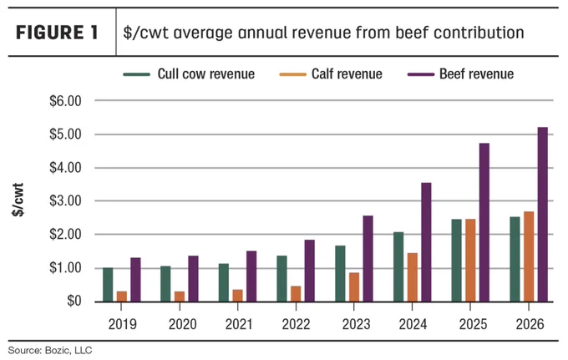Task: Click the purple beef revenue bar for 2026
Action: coord(543,215)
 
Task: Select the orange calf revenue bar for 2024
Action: coord(413,277)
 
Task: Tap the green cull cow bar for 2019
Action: coord(108,285)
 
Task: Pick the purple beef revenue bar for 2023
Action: coord(368,259)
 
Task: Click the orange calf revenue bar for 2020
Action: coord(180,297)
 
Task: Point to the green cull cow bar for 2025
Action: coord(456,261)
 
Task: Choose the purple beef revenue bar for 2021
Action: coord(251,276)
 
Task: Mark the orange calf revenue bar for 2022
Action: coord(296,294)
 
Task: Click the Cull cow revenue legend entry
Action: coord(189,74)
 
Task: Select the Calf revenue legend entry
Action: coord(331,74)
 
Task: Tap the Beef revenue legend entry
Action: coord(460,74)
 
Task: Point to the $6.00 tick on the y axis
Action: coord(65,101)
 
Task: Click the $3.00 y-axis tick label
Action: coord(65,200)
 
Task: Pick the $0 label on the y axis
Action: coord(74,301)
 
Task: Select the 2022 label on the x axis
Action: coord(296,324)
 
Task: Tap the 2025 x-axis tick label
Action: coord(473,324)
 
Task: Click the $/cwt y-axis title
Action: coord(18,200)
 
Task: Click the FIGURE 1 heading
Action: coord(57,33)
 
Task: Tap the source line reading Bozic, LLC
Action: coord(50,350)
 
